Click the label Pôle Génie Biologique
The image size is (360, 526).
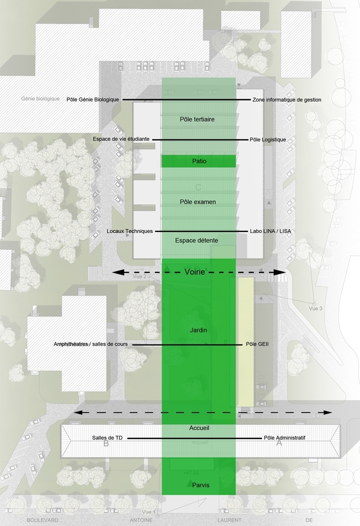[x=93, y=99]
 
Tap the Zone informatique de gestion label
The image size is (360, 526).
[x=287, y=99]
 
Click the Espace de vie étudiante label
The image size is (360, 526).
[x=121, y=139]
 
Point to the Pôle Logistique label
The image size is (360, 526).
[x=267, y=139]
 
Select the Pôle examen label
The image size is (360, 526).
[x=197, y=201]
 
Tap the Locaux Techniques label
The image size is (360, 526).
[x=129, y=231]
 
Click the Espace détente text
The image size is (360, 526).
[x=196, y=240]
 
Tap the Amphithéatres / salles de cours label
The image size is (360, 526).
[x=91, y=345]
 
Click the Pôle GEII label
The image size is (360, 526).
[x=257, y=345]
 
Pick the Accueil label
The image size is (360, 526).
[x=199, y=428]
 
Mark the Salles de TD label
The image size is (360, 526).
[x=107, y=438]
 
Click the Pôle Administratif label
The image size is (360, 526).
[x=285, y=438]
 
